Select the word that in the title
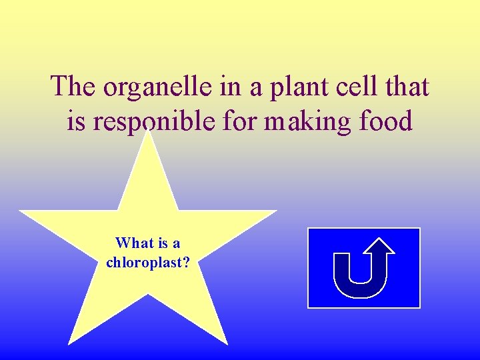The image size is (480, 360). tap(405, 87)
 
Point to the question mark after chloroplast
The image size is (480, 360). tap(187, 262)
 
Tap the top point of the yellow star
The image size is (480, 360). tap(148, 132)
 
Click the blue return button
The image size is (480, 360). tap(363, 267)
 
